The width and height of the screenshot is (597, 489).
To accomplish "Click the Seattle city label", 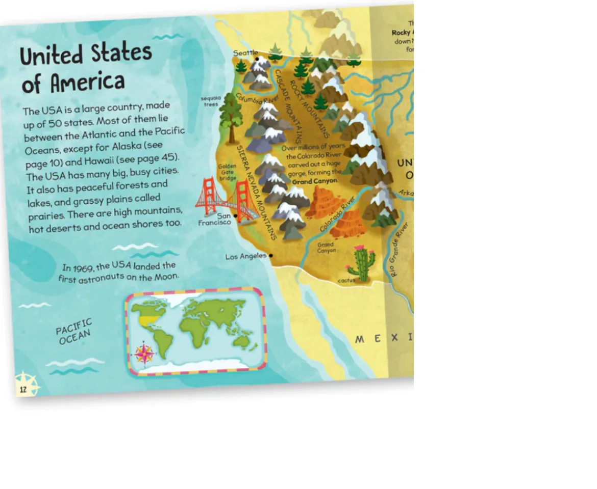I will tap(245, 53).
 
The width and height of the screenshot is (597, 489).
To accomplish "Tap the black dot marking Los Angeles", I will tap(271, 256).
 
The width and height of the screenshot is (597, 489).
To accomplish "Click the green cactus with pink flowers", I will tap(362, 264).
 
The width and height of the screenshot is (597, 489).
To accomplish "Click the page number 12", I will tap(22, 390).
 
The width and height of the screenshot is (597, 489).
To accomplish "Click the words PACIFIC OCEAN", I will tap(74, 331).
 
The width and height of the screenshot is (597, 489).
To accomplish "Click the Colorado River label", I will tap(337, 214).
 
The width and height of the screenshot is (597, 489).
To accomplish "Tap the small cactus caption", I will tap(346, 281).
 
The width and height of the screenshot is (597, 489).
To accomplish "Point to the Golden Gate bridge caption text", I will tap(227, 172).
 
